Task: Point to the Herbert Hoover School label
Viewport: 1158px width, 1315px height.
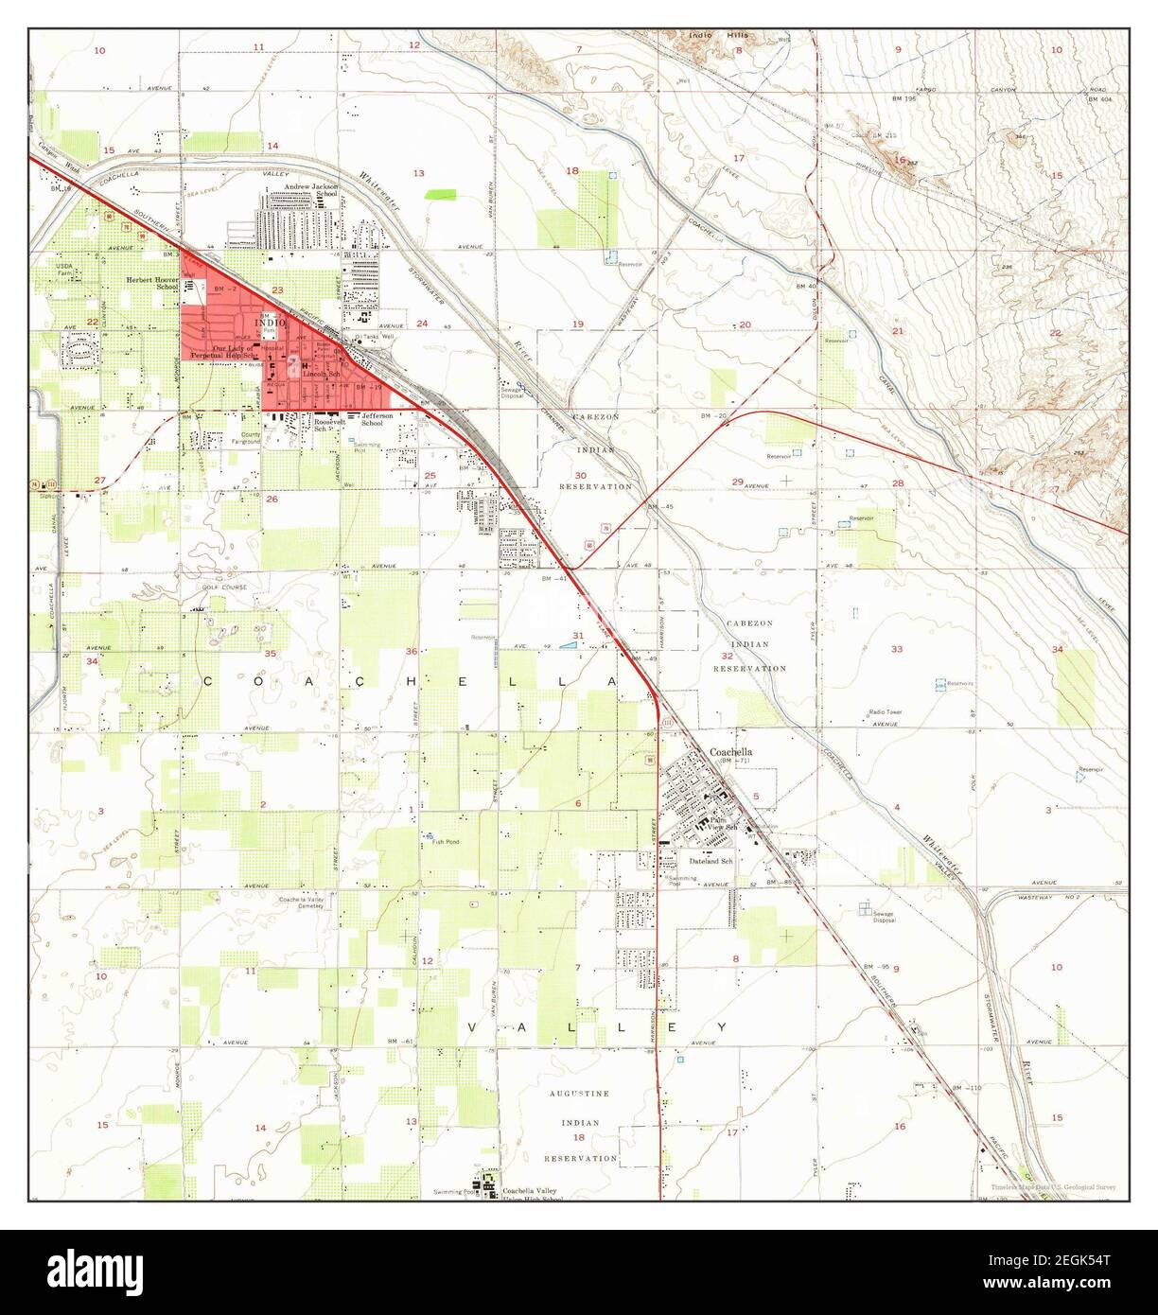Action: point(153,285)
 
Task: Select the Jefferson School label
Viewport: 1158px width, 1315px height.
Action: point(366,421)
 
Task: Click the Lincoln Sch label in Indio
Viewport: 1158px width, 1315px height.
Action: point(320,375)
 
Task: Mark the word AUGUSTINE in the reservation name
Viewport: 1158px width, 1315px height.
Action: point(580,1094)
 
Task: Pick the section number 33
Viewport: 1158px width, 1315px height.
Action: point(896,649)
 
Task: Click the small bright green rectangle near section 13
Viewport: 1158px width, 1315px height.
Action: point(441,194)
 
